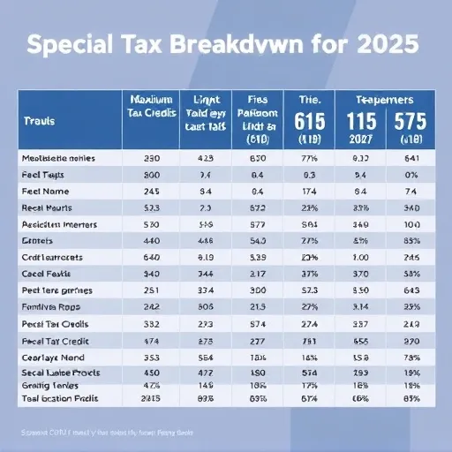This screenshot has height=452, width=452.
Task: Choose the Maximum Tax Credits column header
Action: coord(150,110)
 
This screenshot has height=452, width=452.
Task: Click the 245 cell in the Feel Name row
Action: coord(150,190)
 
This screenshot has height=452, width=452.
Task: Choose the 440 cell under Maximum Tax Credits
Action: coord(151,240)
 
